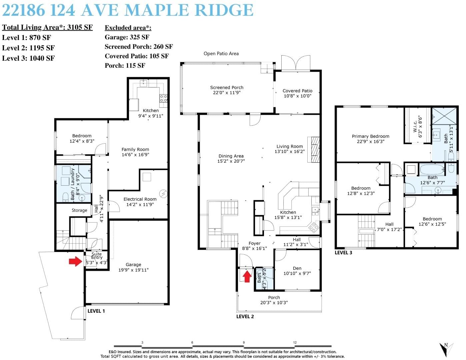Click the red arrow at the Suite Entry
pos(75,261)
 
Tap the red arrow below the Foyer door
pos(247,276)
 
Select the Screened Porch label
pos(227,87)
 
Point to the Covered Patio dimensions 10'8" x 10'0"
pos(297,96)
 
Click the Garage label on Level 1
pos(133,265)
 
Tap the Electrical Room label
pos(140,199)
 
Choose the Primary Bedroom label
pos(370,136)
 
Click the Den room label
pos(297,268)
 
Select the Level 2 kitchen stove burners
pos(314,227)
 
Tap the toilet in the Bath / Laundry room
pos(65,197)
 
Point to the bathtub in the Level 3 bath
pos(432,170)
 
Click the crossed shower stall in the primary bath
pos(444,116)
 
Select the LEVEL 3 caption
pos(343,253)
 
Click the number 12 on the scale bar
pos(295,342)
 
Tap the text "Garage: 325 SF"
pos(127,37)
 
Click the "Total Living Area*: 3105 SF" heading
pos(47,27)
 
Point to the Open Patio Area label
pos(221,54)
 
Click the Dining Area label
pos(231,156)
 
